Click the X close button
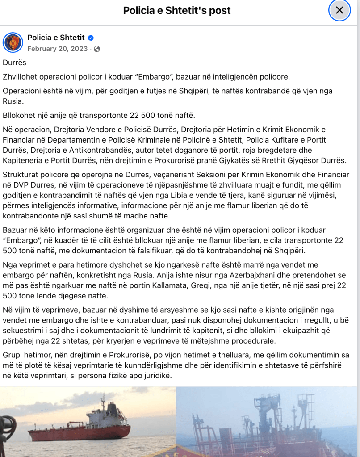pos(339,10)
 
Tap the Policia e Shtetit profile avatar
pos(13,42)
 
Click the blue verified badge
pos(90,38)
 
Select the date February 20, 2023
pos(58,49)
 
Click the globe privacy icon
pos(97,49)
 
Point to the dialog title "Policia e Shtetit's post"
pos(177,10)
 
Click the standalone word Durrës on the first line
pos(14,63)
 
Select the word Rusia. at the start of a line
pos(13,101)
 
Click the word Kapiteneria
pos(23,160)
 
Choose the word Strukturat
pos(20,174)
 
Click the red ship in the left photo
pos(80,427)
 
